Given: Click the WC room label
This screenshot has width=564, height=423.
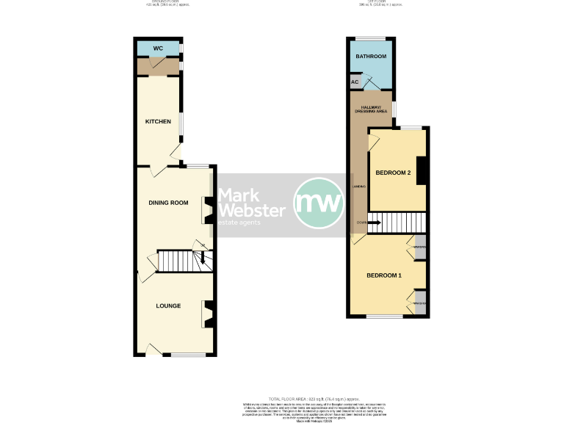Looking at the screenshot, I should click(x=157, y=49).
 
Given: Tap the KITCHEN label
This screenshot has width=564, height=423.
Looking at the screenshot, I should click(x=157, y=122).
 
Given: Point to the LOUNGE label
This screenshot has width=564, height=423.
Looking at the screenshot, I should click(x=168, y=305).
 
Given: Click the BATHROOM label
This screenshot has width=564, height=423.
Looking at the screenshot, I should click(x=371, y=57).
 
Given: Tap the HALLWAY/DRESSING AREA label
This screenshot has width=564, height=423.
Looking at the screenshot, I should click(x=371, y=109).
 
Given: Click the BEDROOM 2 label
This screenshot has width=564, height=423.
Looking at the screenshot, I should click(x=392, y=173).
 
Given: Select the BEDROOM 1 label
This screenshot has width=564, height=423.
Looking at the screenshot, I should click(x=384, y=275).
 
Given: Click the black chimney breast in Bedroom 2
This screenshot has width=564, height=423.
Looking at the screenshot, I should click(x=422, y=167).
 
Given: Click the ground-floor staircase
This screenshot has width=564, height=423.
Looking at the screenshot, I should click(x=181, y=261).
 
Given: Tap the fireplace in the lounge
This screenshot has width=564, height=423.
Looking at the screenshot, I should click(x=207, y=315).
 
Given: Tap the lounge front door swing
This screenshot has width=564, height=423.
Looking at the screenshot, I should click(x=153, y=350).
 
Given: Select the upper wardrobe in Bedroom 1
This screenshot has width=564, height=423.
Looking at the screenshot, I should click(x=419, y=247).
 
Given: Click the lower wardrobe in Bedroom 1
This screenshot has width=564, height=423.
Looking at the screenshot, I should click(x=419, y=303).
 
